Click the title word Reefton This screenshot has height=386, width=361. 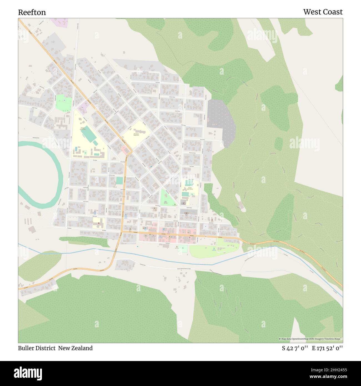[x=32, y=12]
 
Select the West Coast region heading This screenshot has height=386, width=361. [x=323, y=12]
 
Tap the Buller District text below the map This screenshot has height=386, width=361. [x=37, y=348]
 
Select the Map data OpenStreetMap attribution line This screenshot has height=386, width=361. [x=310, y=339]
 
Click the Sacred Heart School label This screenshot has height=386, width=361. [x=190, y=189]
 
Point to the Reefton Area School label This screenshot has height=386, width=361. [x=83, y=129]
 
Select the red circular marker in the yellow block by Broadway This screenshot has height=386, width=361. [x=99, y=223]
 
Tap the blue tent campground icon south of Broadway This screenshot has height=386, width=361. [x=214, y=248]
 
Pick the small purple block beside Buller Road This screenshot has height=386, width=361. [x=82, y=107]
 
